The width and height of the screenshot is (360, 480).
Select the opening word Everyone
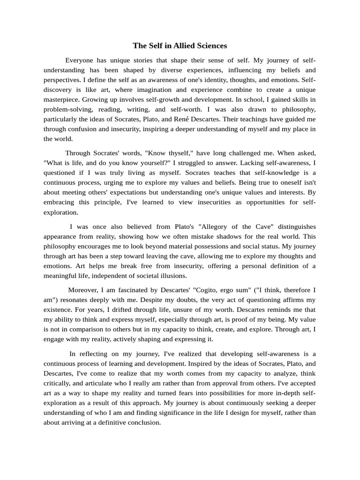pos(80,60)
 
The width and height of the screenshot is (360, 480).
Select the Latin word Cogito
pos(210,290)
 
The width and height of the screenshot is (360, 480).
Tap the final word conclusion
pos(143,422)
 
